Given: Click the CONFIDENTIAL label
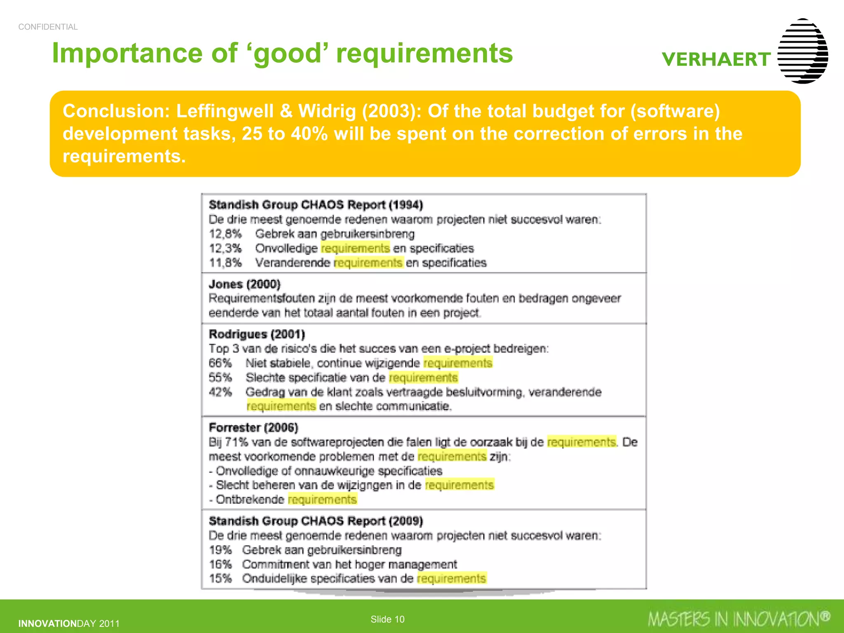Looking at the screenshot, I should pos(48,27).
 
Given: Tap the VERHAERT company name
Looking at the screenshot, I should pos(716,59).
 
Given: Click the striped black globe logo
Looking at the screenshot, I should pos(802,51).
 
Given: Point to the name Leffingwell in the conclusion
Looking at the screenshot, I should pos(225,111).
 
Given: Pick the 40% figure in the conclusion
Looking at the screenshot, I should pos(309,134).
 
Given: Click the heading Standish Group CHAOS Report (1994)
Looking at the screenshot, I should pos(316,205).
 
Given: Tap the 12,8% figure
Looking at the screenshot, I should pos(225,234).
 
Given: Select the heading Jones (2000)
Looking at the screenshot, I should pos(244,284).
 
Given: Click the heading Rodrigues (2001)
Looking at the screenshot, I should pos(257,334).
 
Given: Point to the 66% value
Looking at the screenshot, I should pos(220,363).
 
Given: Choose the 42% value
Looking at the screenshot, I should pos(220,392).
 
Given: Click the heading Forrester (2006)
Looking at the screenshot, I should pos(253,427).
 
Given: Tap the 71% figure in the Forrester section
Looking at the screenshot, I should pos(237,442).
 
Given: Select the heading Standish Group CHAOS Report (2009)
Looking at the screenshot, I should pos(316,521).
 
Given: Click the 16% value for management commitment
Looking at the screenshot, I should pos(220,564).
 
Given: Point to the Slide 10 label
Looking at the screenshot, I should pos(387,619).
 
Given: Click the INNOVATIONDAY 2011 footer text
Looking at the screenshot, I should pos(69,624).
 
